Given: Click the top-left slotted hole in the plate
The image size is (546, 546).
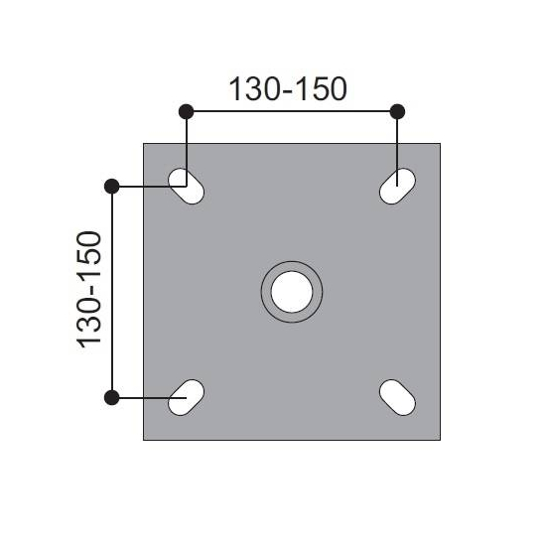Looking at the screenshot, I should (187, 186).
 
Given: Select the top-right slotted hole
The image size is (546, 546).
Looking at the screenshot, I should (397, 186).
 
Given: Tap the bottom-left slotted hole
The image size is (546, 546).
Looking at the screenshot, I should (187, 397).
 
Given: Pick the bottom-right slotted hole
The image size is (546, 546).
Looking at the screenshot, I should (397, 397).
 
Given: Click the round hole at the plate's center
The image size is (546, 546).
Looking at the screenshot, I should (292, 291).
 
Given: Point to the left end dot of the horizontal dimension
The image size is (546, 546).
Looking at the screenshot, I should (186, 110).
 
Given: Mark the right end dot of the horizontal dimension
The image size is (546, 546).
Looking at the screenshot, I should (397, 110).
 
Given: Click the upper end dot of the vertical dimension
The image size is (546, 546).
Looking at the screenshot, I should (112, 186).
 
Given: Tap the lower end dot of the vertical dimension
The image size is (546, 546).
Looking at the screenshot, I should (112, 397).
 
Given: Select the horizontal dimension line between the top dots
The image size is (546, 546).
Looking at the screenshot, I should (291, 110).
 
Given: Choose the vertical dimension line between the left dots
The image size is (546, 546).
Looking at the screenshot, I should (112, 291).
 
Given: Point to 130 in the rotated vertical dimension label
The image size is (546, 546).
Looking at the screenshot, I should (90, 324).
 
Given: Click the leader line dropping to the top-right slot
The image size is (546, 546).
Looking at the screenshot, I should (397, 144).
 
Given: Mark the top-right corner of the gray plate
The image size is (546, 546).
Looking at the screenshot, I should (440, 144).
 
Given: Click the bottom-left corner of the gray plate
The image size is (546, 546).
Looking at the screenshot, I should (145, 439).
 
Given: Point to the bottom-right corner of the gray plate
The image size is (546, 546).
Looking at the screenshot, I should (440, 439).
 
